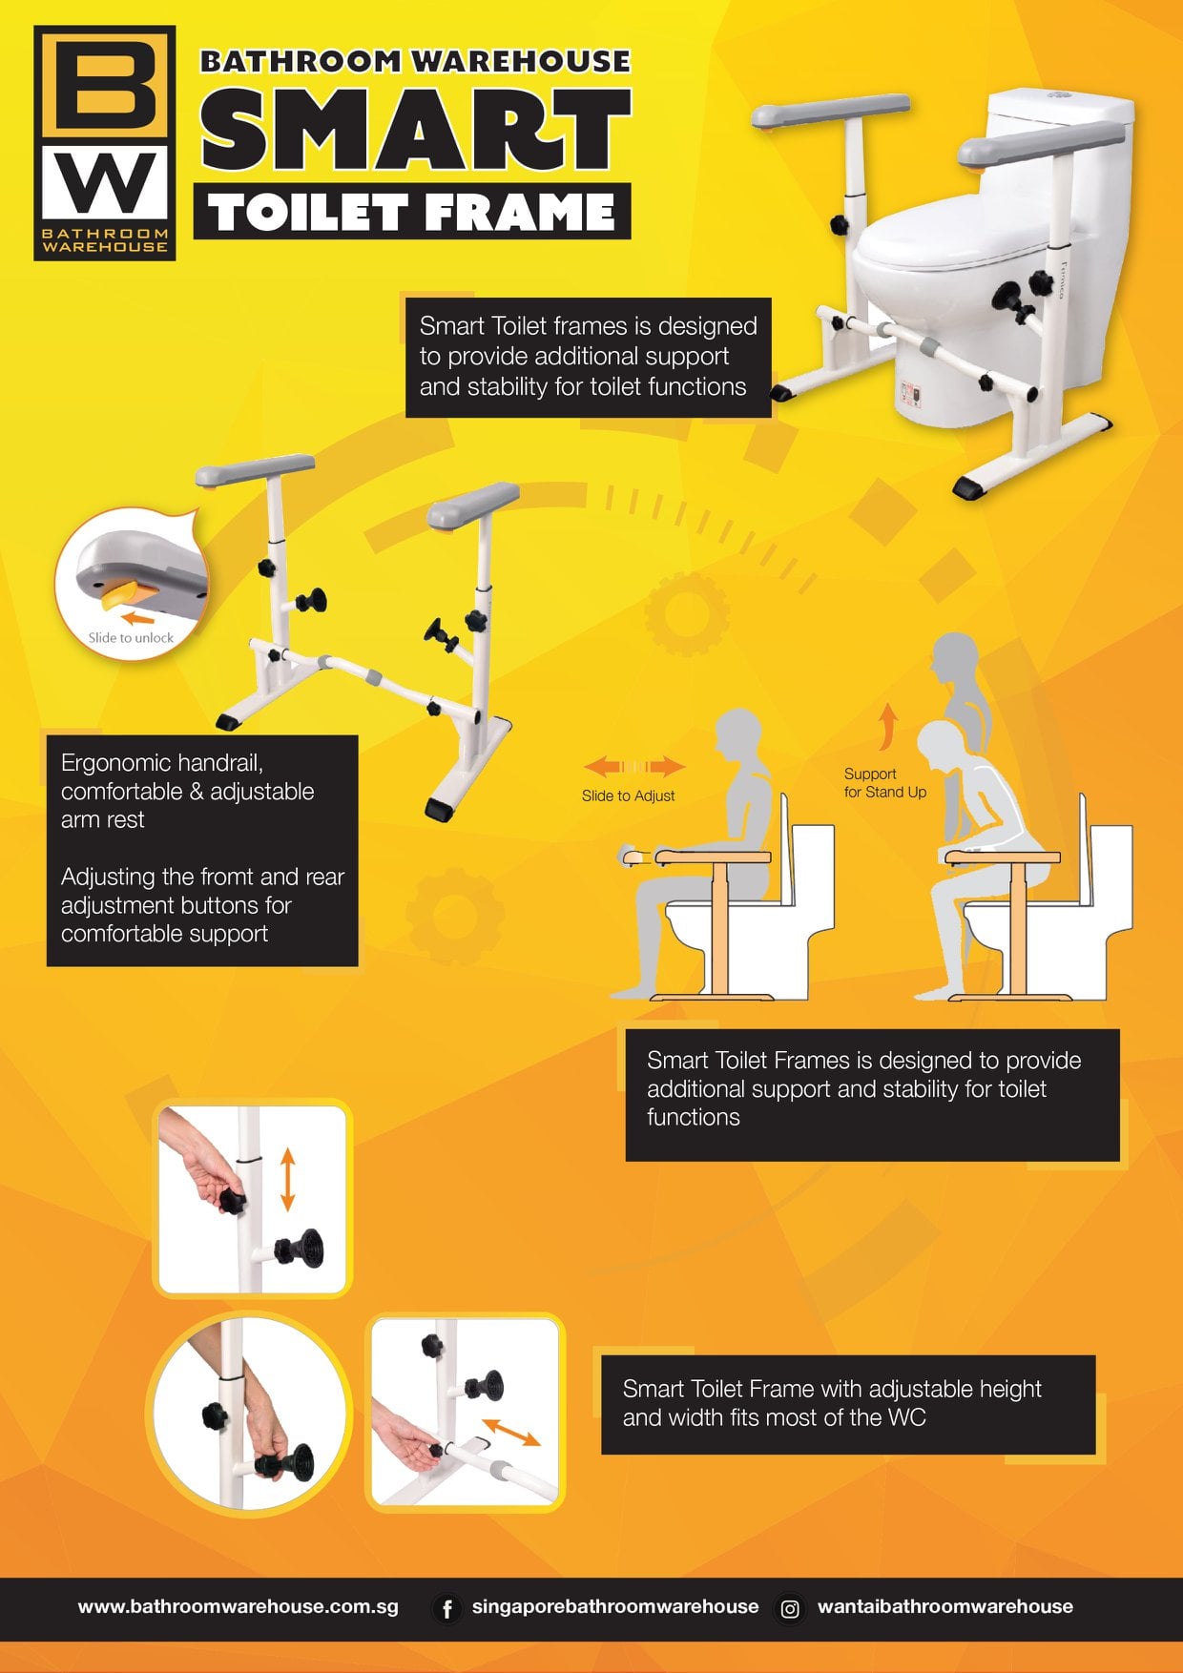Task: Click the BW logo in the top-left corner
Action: (x=105, y=143)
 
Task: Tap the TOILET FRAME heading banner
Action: (x=412, y=211)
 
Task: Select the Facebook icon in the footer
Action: (x=446, y=1608)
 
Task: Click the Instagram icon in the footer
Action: (x=790, y=1609)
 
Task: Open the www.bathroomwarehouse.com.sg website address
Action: (x=239, y=1606)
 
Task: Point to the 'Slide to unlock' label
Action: (x=131, y=637)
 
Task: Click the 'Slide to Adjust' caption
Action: (x=628, y=795)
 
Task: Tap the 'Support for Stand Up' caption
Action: (x=884, y=783)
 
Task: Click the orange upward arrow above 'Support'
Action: (x=888, y=727)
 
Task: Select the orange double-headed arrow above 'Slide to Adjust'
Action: (x=634, y=766)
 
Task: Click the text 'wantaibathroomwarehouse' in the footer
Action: (x=944, y=1606)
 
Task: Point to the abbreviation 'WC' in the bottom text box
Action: (x=906, y=1417)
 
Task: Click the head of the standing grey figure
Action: (x=955, y=656)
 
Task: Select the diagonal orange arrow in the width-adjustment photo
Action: (x=511, y=1432)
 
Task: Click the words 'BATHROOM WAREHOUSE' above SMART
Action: (x=415, y=61)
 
